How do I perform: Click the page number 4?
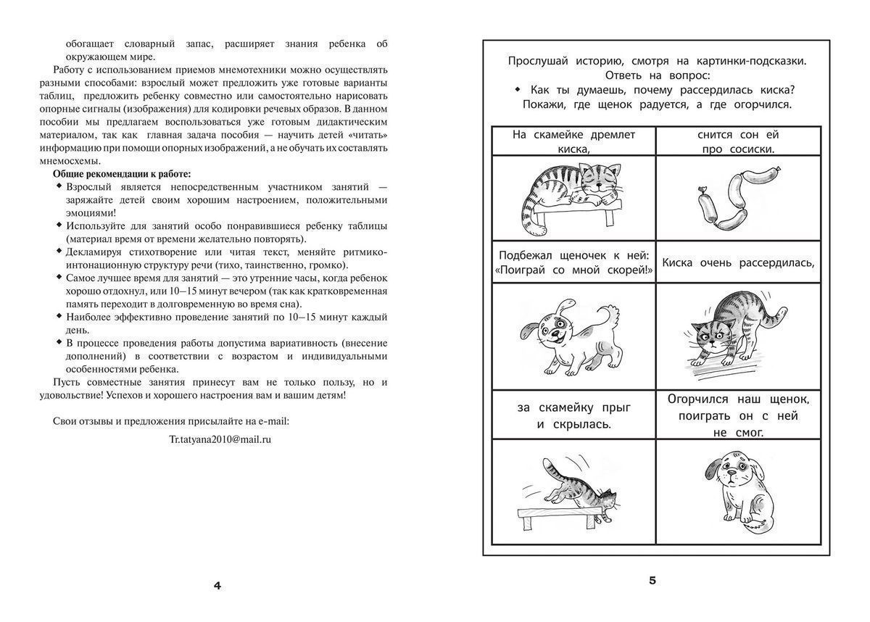[217, 586]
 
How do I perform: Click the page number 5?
[652, 580]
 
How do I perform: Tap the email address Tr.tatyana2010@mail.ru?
[220, 439]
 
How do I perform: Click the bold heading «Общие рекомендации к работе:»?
[122, 174]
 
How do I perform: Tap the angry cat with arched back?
[733, 330]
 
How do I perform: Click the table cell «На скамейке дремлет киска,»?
[573, 141]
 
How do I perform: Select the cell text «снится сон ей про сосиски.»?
[738, 141]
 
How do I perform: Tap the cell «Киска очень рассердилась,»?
[738, 262]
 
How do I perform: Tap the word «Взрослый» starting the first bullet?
[88, 187]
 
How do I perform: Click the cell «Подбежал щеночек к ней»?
[573, 262]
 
